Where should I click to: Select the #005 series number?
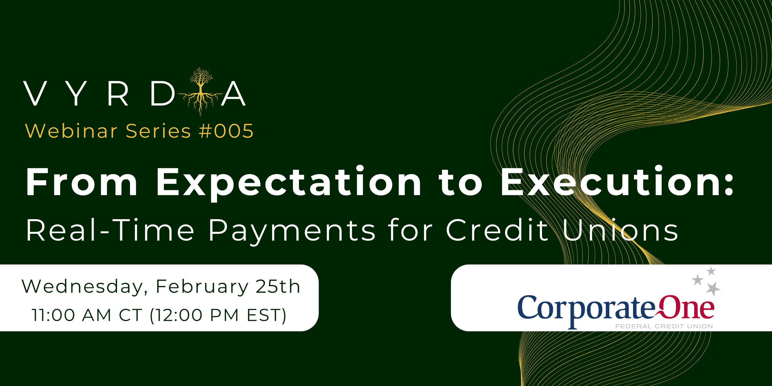coord(226,131)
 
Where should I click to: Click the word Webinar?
coord(71,131)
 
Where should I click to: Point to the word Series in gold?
coord(158,131)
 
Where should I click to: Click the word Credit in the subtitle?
coord(497,230)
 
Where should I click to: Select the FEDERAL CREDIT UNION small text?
coord(664,326)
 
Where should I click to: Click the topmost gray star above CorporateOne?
coord(711,271)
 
